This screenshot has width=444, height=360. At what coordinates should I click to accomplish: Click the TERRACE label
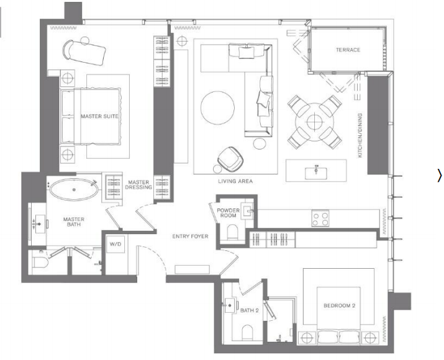pyautogui.click(x=348, y=50)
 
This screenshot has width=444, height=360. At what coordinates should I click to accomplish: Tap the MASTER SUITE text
pyautogui.click(x=99, y=116)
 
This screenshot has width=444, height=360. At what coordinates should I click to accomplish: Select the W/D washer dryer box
pyautogui.click(x=117, y=243)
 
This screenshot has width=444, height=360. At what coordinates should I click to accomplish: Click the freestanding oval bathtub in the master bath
pyautogui.click(x=74, y=190)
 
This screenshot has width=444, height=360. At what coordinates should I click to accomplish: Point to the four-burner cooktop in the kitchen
pyautogui.click(x=320, y=218)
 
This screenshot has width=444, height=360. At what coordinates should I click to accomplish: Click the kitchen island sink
pyautogui.click(x=315, y=173)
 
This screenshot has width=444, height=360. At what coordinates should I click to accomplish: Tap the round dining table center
pyautogui.click(x=315, y=122)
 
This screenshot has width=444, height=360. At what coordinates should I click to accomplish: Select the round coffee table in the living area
pyautogui.click(x=217, y=107)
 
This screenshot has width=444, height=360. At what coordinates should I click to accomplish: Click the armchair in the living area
pyautogui.click(x=230, y=160)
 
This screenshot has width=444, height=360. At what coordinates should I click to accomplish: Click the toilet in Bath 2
pyautogui.click(x=248, y=331)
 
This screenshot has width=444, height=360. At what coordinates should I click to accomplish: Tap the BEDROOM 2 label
pyautogui.click(x=339, y=305)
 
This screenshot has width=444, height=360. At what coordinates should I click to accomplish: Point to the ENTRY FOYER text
pyautogui.click(x=190, y=236)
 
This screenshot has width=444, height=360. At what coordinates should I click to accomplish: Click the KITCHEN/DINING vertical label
pyautogui.click(x=360, y=135)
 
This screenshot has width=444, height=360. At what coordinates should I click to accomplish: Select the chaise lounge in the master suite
pyautogui.click(x=84, y=52)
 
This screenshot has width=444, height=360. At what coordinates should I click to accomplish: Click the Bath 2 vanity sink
pyautogui.click(x=230, y=305)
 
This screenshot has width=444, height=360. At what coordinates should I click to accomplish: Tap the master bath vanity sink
pyautogui.click(x=39, y=224)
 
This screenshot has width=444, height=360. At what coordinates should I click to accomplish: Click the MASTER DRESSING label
pyautogui.click(x=138, y=185)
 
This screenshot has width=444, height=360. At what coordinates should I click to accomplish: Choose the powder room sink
pyautogui.click(x=247, y=211)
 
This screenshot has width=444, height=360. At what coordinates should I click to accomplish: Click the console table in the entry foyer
pyautogui.click(x=193, y=269)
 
